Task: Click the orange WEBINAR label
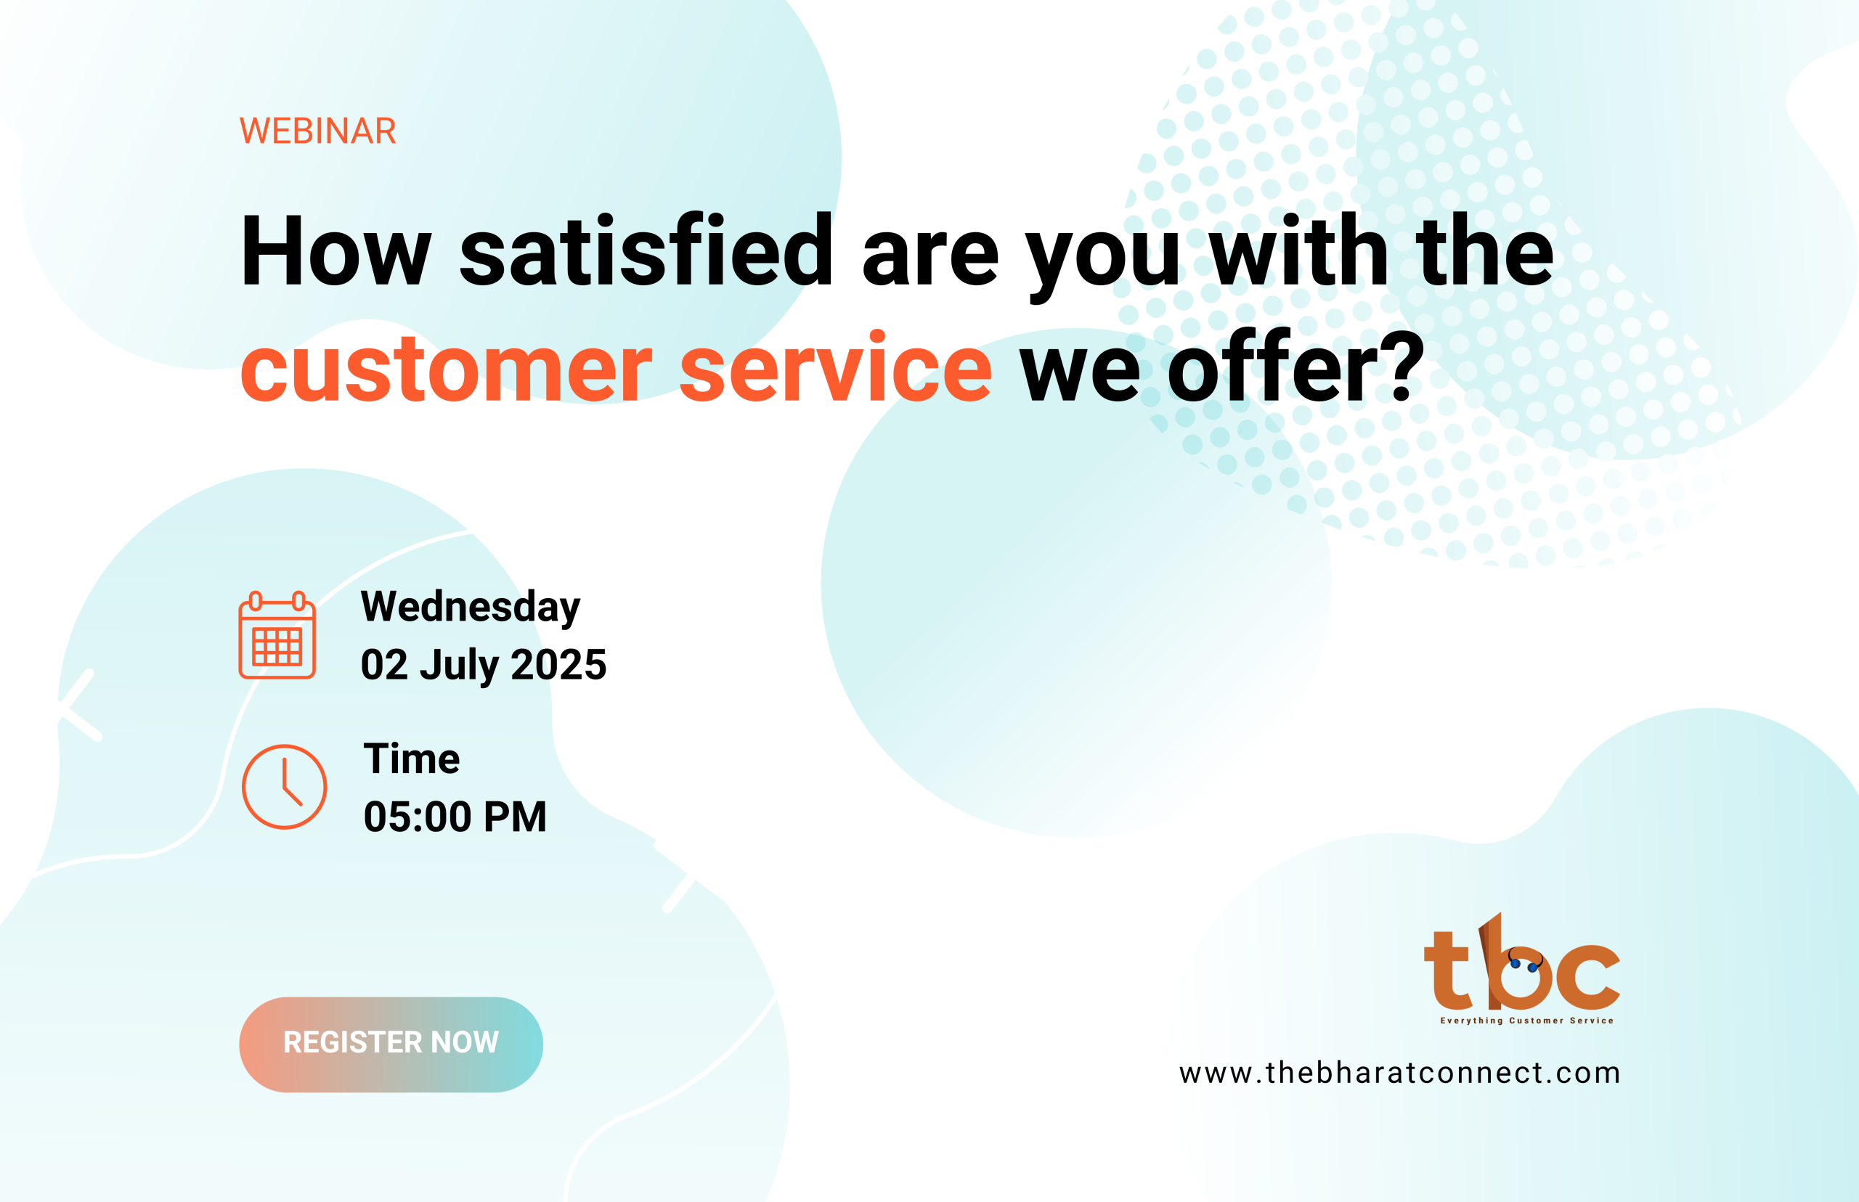tap(318, 131)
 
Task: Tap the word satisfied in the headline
tap(646, 250)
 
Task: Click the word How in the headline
tap(335, 250)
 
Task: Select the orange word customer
tap(446, 367)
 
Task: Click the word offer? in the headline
tap(1296, 365)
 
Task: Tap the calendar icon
tap(277, 634)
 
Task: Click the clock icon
tap(284, 787)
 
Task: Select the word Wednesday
tap(470, 608)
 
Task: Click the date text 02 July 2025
tap(484, 665)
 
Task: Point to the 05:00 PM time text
tap(455, 817)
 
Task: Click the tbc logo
tap(1522, 968)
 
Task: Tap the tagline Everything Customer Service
tap(1526, 1020)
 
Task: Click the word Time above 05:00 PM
tap(412, 758)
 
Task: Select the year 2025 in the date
tap(558, 664)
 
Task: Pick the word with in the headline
tap(1298, 250)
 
